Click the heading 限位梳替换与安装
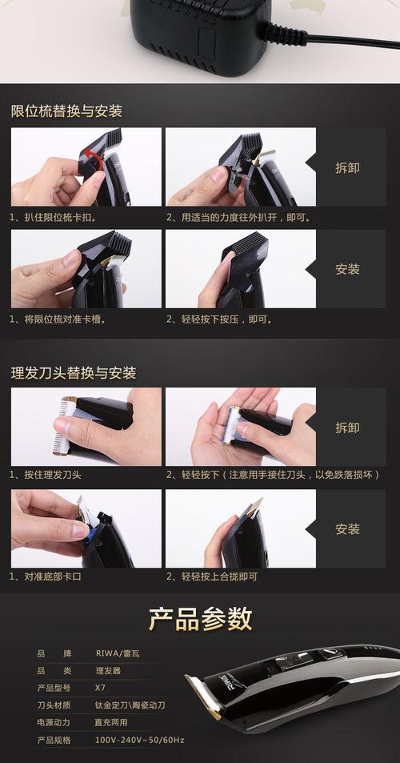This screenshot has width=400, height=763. click(66, 111)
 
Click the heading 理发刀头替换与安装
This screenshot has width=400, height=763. click(74, 373)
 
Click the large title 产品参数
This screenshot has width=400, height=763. click(200, 619)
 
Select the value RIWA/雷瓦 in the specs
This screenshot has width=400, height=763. click(118, 653)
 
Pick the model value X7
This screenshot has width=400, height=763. click(100, 688)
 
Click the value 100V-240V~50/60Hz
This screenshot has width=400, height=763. click(139, 740)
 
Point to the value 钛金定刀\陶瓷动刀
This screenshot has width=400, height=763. click(130, 705)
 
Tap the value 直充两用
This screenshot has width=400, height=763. click(111, 723)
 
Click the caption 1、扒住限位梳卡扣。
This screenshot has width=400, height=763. click(54, 218)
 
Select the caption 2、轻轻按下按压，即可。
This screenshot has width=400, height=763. click(220, 319)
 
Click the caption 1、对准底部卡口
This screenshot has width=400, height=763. click(46, 576)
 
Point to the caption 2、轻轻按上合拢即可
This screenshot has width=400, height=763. click(212, 576)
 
